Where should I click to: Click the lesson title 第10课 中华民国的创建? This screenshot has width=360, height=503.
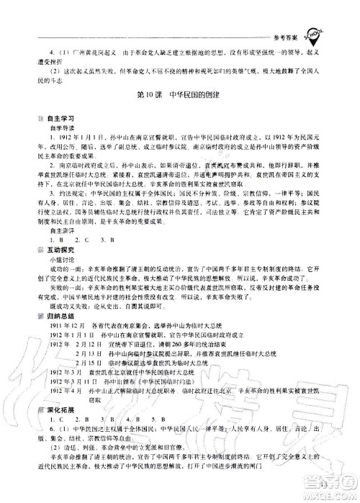(x=180, y=95)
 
